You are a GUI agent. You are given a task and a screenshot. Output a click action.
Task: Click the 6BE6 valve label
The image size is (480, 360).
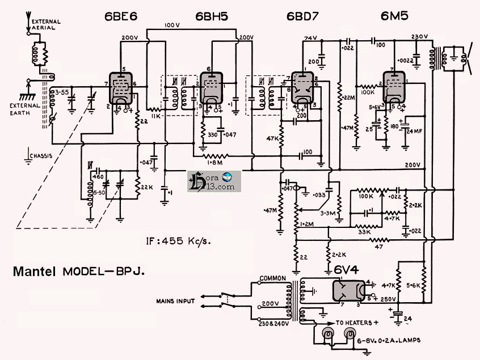point(121,16)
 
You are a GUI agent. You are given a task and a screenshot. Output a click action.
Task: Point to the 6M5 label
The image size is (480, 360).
point(395,16)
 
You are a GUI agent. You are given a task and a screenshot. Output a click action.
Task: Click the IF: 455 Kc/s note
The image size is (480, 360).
point(177,242)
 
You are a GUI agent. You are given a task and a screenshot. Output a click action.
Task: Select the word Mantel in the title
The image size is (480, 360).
point(35,272)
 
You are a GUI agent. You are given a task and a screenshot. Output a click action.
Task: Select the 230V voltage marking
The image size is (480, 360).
point(419,37)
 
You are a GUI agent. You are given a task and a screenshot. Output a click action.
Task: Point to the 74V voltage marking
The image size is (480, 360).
point(310,38)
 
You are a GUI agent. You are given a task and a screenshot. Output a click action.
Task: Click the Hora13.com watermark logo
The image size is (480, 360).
point(214,181)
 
